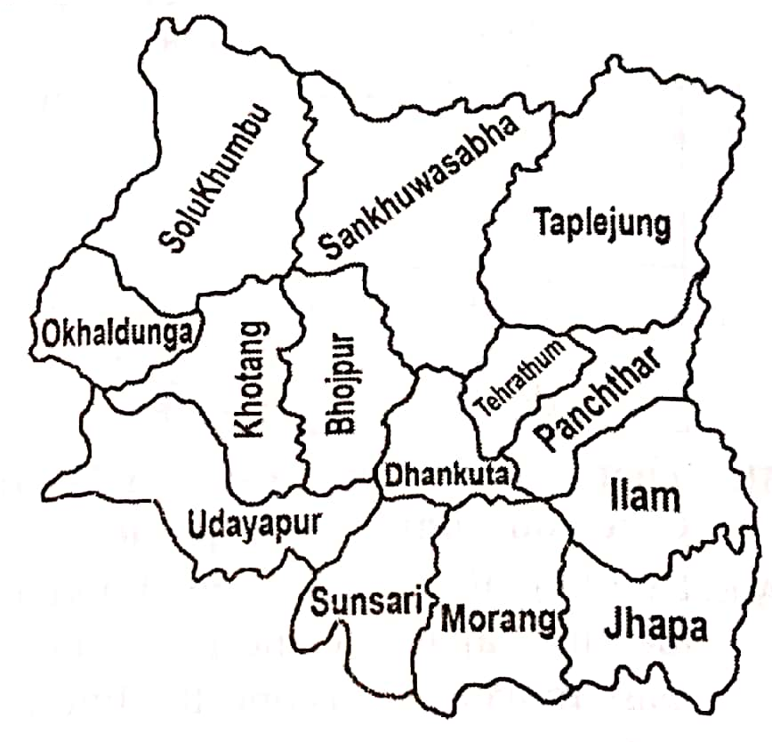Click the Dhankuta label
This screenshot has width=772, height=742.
[x=446, y=472]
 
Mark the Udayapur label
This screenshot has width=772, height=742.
[x=253, y=523]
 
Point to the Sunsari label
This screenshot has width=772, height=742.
[x=365, y=602]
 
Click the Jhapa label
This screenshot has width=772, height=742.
[x=655, y=626]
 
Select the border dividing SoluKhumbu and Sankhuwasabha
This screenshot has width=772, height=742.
[x=307, y=178]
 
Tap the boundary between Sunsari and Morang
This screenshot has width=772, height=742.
[x=430, y=614]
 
